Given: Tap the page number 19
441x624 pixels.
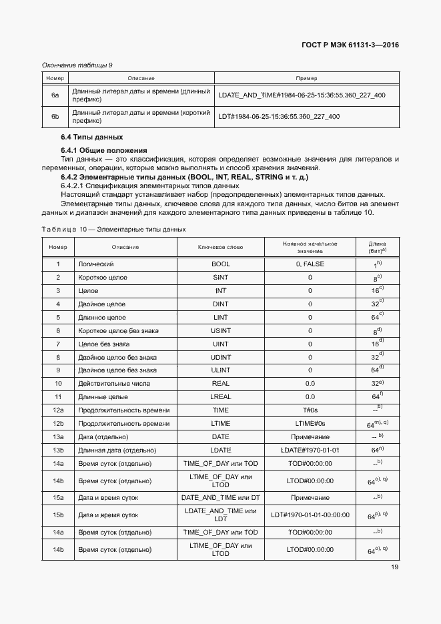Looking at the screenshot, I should (394, 567).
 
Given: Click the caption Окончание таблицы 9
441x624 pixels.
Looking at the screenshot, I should (77, 65).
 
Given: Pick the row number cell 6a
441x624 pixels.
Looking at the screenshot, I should (55, 95).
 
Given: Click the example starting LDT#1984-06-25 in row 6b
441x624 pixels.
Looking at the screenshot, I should (279, 117).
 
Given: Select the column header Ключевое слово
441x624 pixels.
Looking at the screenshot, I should (220, 247).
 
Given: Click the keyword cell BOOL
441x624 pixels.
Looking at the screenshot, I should (220, 264).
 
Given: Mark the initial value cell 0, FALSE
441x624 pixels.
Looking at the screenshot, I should (310, 264).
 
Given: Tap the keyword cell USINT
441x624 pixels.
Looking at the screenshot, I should (220, 331).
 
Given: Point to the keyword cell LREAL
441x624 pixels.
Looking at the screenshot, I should (220, 397).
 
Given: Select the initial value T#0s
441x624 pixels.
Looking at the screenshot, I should (310, 410).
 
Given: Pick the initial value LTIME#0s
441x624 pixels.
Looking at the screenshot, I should (310, 424).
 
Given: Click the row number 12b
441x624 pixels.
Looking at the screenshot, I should (58, 424).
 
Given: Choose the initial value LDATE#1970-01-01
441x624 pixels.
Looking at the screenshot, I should (310, 450).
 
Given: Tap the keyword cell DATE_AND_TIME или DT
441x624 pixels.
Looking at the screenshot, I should (220, 498).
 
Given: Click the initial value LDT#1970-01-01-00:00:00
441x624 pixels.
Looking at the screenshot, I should (310, 515).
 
